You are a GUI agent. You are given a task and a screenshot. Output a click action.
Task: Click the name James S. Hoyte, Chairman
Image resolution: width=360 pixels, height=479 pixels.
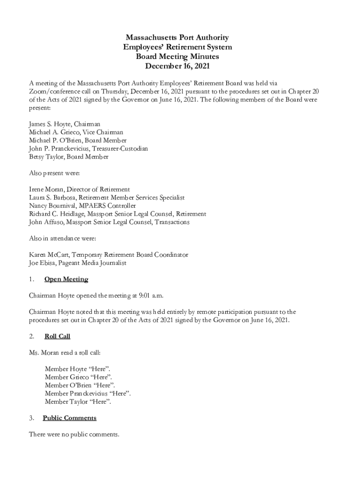tap(65, 124)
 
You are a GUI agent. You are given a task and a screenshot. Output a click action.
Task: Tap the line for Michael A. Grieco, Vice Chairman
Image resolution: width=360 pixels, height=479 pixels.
tap(76, 132)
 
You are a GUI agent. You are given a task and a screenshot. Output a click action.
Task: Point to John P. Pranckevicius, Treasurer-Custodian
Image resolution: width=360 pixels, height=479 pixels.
tap(88, 149)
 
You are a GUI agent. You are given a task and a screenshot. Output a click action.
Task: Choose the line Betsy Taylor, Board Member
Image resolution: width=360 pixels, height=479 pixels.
tap(69, 157)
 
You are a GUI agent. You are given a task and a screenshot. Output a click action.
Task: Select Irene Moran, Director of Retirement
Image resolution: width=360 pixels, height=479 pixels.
tap(79, 189)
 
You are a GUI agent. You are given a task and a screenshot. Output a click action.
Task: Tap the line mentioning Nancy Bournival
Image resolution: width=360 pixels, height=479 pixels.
tap(82, 206)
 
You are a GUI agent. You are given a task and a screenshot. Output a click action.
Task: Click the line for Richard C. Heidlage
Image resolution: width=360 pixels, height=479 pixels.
tap(117, 214)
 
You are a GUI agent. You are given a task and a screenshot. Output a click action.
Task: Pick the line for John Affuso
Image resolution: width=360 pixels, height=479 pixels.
tap(109, 222)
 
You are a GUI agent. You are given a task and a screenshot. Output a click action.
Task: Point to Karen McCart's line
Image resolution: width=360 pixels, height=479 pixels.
tap(108, 255)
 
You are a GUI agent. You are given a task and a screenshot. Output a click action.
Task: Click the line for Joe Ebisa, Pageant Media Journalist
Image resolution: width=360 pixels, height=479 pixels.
tap(78, 263)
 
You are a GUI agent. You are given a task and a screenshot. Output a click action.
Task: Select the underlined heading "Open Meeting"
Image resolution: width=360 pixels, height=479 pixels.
tap(66, 279)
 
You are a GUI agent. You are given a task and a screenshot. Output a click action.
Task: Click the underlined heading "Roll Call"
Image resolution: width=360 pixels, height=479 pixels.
tap(57, 336)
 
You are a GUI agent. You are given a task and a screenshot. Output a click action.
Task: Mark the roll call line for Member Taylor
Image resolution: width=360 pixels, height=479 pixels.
tap(78, 402)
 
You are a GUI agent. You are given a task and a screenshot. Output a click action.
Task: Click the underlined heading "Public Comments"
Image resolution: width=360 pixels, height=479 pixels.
tap(69, 418)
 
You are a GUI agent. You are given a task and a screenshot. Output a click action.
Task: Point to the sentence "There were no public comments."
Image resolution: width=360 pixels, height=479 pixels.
tap(74, 435)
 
